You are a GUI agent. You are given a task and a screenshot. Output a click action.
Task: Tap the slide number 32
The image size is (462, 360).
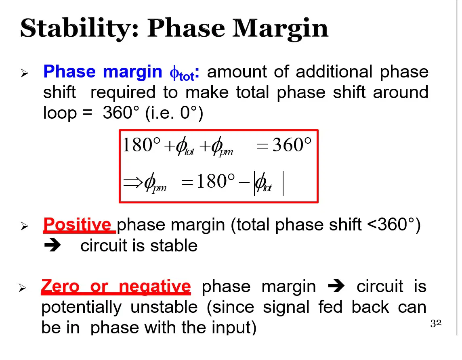[x=436, y=323]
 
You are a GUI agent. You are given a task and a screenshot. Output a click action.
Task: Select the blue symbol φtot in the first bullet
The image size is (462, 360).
[x=182, y=73]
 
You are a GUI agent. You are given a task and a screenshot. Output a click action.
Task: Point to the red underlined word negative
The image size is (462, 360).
[x=155, y=287]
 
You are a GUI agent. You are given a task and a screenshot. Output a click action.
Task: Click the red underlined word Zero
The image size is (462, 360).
[x=61, y=286]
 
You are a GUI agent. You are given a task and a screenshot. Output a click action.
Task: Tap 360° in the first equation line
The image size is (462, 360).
[x=292, y=145]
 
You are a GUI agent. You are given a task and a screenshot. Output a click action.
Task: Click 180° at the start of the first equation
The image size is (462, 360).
[x=141, y=145]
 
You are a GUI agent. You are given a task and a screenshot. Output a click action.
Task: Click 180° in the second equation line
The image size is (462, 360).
[x=216, y=181]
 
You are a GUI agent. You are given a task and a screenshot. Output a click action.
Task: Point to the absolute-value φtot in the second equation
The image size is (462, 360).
[x=269, y=183]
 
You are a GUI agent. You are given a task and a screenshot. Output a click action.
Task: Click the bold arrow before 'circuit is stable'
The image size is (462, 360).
[x=52, y=245]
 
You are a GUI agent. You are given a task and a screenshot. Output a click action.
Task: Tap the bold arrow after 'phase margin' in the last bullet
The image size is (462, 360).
[x=336, y=286]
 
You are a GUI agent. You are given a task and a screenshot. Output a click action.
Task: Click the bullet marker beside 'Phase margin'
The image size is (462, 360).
[x=25, y=73]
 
